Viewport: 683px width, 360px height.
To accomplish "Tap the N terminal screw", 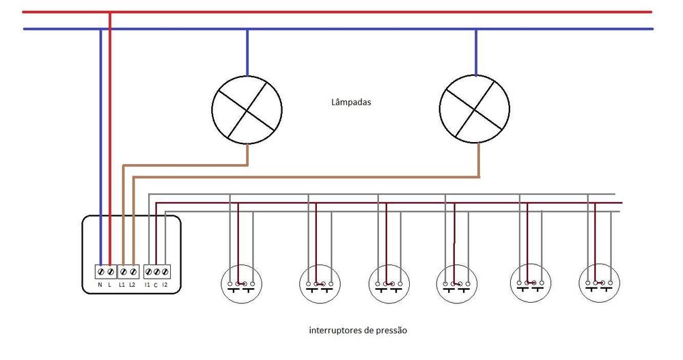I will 100,271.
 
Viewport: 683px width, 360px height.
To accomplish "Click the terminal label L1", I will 122,283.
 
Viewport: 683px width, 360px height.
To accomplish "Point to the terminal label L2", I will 133,283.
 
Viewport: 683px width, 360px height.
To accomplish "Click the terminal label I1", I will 148,283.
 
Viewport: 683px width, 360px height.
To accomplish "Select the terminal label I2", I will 165,283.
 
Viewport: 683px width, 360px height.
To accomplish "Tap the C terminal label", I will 156,283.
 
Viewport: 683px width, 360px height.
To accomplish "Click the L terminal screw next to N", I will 110,271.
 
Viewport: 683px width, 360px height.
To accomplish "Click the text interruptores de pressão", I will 358,330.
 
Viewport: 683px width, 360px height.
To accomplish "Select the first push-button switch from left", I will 241,284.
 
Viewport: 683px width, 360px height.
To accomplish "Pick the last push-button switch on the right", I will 598,284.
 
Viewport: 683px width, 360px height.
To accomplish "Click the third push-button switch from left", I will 389,284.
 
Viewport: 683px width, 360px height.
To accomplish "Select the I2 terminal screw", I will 165,271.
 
